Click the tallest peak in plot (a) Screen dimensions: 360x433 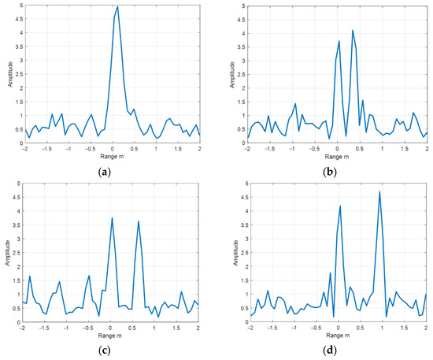(117, 7)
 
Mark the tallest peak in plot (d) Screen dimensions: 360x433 (379, 191)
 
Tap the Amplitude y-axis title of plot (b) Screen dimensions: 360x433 (231, 75)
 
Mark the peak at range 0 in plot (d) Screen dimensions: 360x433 (340, 206)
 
